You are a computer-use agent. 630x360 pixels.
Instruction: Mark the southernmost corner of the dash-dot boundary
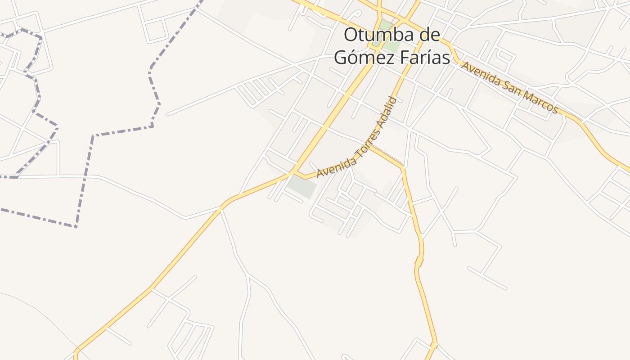point(76,226)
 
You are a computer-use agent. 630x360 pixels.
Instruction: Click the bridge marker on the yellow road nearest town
point(419,261)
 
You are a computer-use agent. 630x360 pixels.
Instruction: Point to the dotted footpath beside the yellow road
point(387,153)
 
